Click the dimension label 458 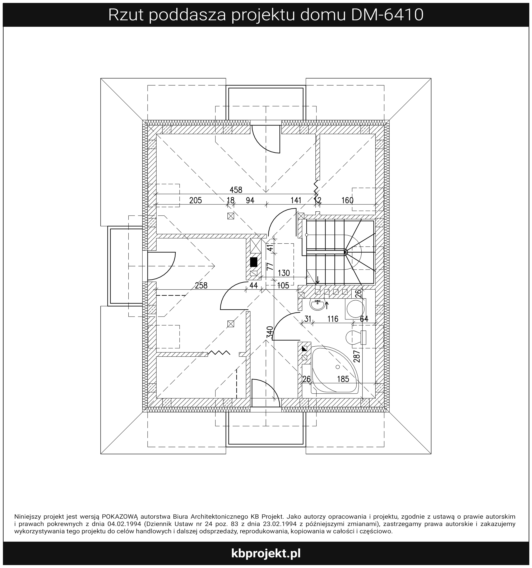[236, 190]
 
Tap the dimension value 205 [195, 200]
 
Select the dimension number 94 [250, 200]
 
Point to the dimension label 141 [296, 200]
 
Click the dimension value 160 [347, 200]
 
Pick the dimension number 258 [201, 285]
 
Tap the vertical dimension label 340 [270, 332]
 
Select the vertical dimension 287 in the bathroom [357, 356]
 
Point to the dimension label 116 [333, 319]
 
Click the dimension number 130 [284, 273]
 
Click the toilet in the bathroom [356, 337]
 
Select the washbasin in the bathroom [318, 305]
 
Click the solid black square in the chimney [253, 262]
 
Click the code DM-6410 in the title [387, 15]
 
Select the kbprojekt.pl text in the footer [266, 553]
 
